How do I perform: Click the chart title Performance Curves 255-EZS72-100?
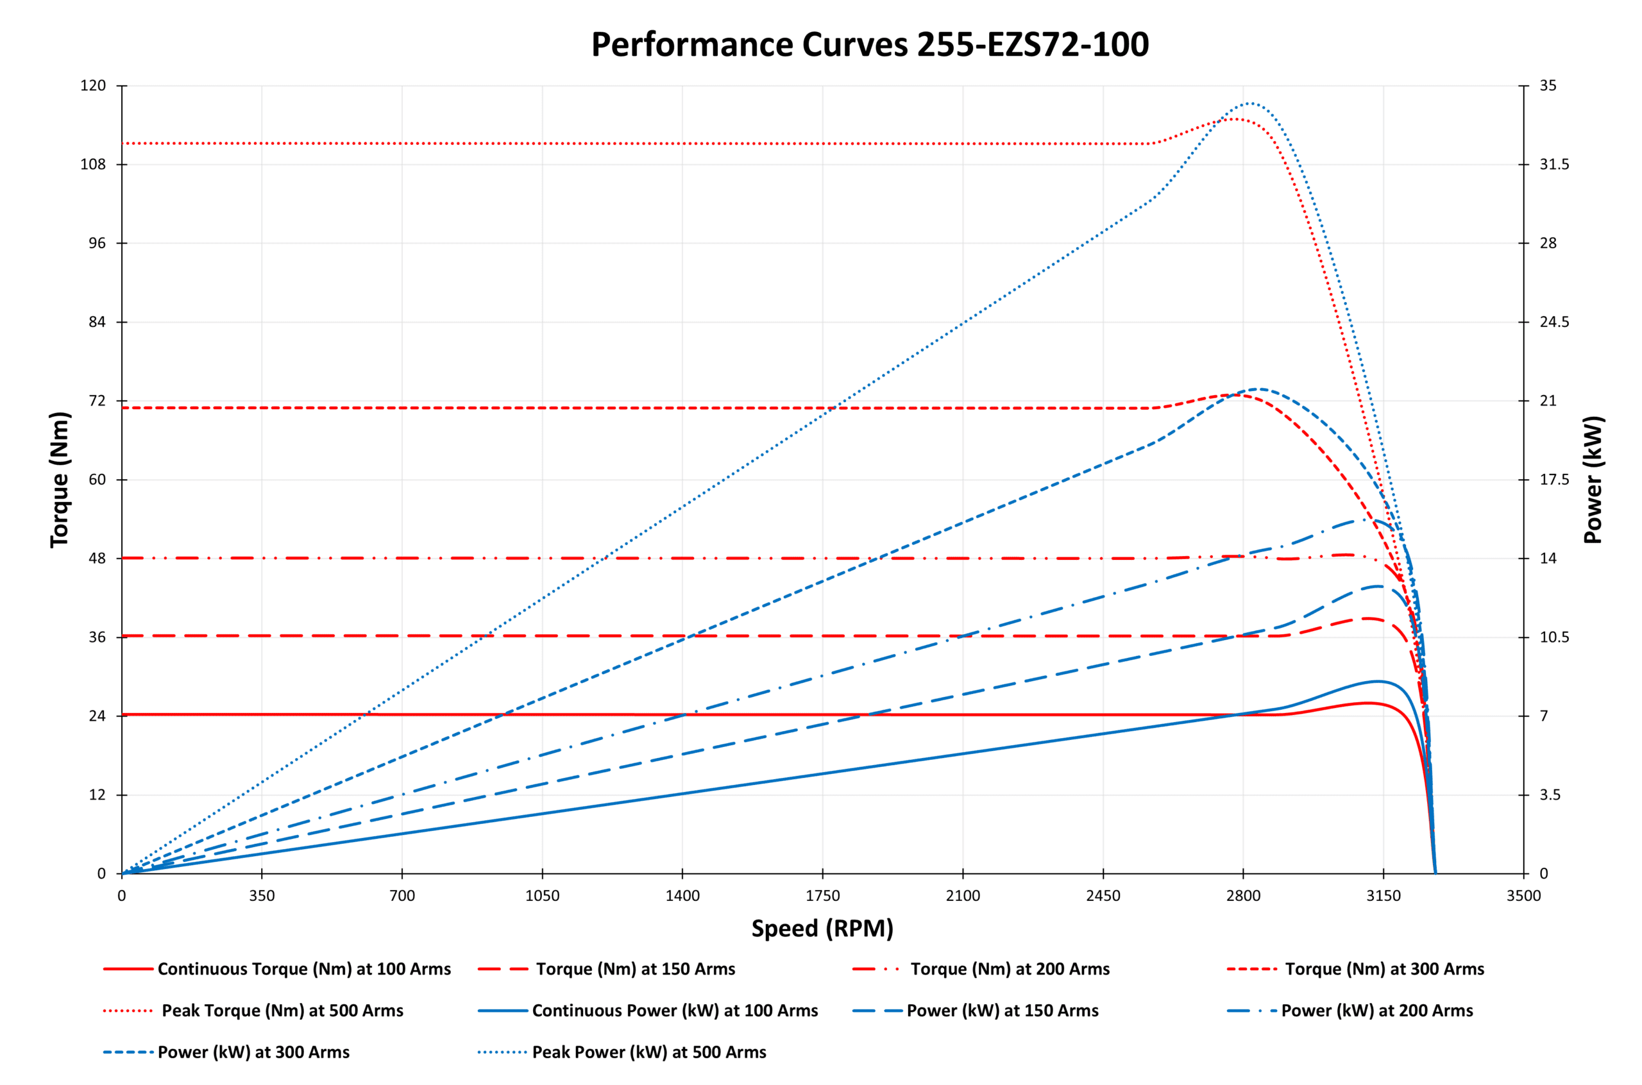869,44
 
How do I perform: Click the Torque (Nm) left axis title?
60,480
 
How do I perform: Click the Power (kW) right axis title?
1593,480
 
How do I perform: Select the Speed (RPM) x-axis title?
822,928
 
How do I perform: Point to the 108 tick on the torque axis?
93,165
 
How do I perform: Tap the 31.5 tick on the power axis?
1554,165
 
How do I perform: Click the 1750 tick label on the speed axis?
822,896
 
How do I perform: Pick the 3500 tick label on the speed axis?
1523,896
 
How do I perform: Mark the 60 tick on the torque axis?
97,480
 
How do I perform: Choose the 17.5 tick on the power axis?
1554,480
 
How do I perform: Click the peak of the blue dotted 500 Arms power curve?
1249,103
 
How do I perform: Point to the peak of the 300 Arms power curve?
1258,389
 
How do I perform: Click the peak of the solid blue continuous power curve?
1378,681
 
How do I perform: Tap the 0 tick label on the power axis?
1544,874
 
